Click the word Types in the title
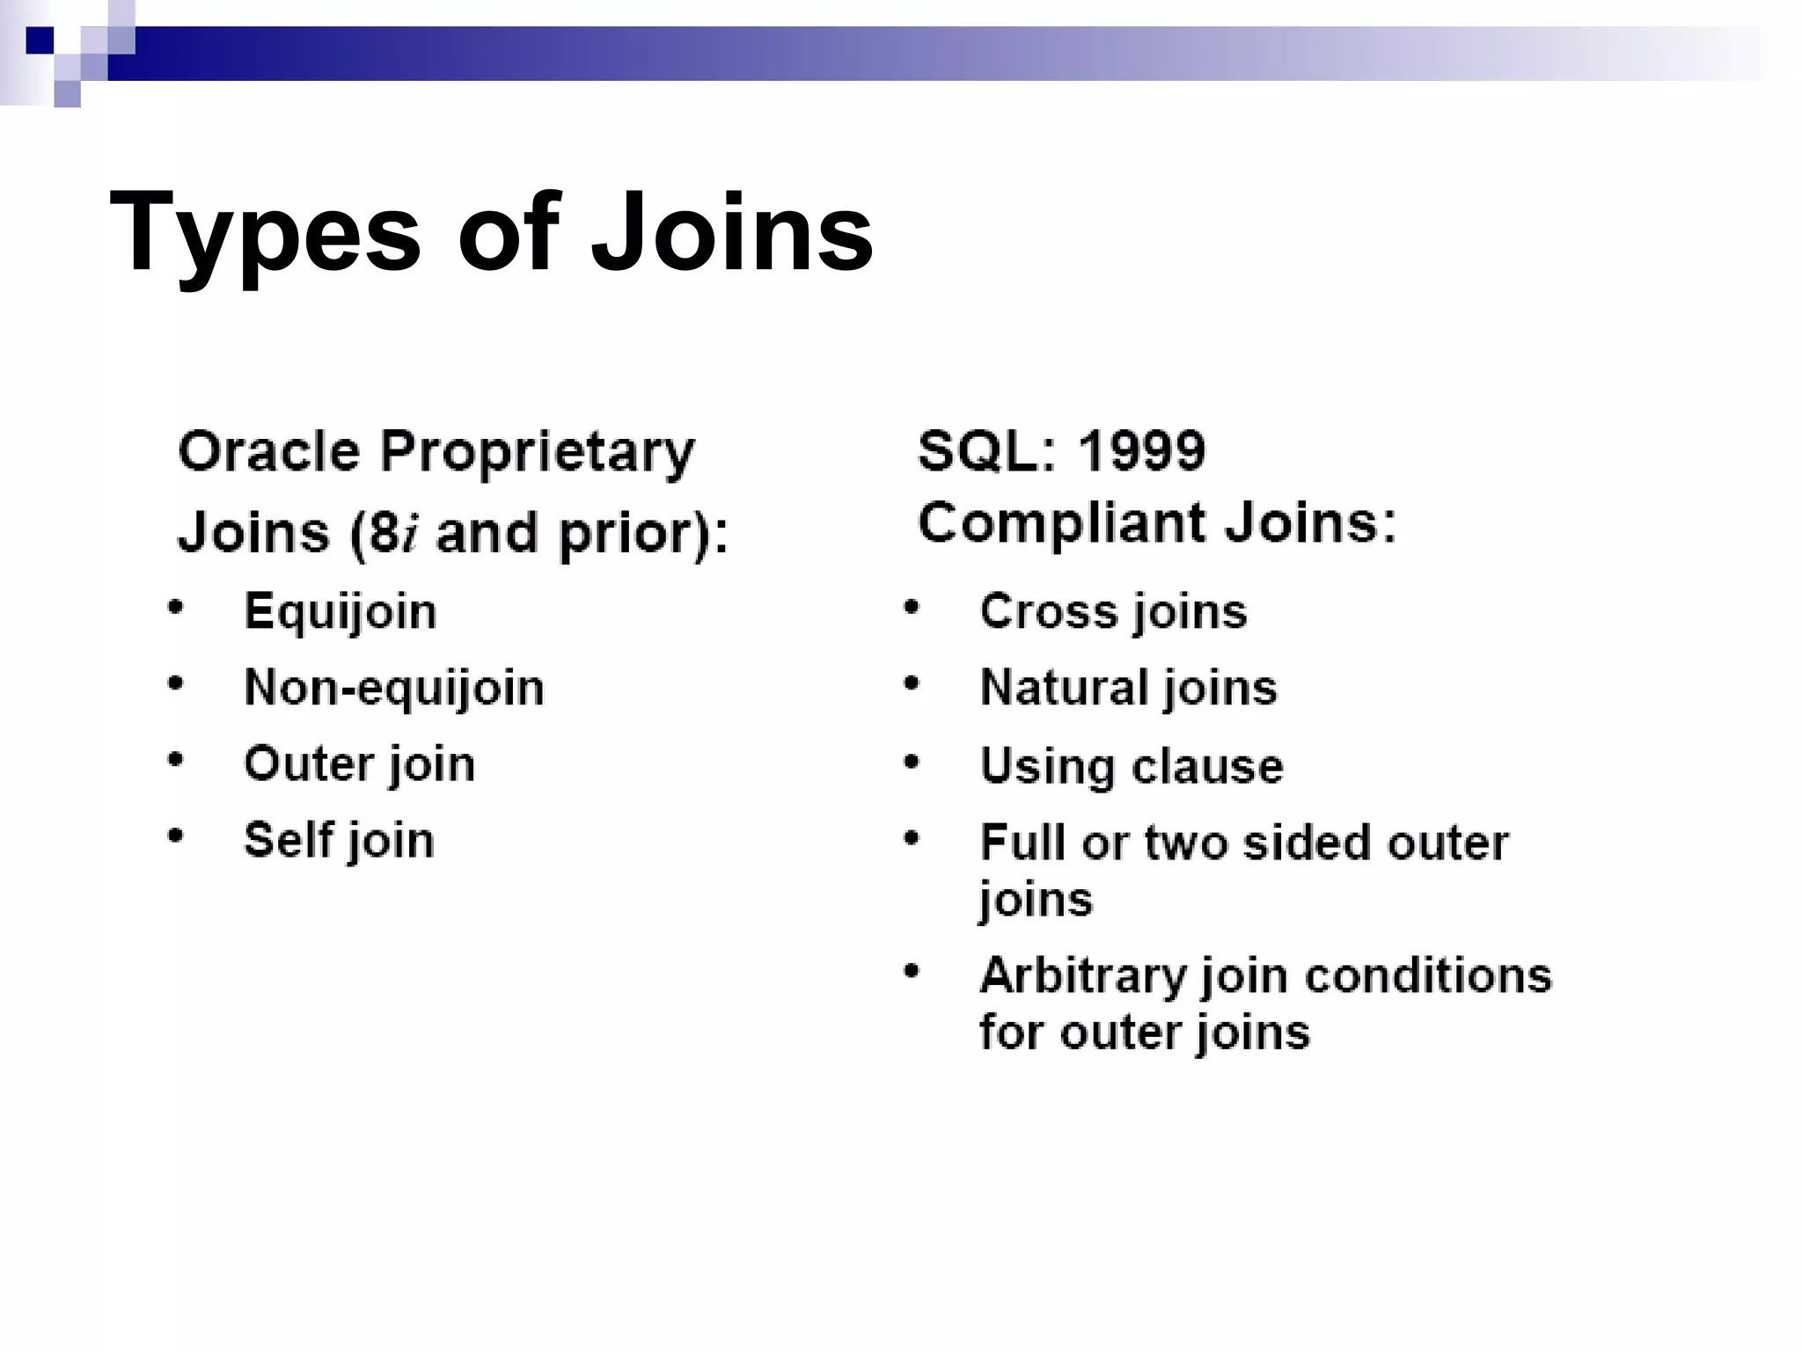click(265, 235)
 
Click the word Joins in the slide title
click(732, 233)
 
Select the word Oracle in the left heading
click(269, 452)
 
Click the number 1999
click(1141, 451)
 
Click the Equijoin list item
click(340, 612)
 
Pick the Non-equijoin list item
click(393, 688)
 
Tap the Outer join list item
click(359, 763)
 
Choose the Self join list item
click(339, 840)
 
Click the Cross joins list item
click(1113, 611)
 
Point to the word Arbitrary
click(1083, 975)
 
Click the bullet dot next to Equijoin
click(176, 607)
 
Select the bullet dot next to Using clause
click(912, 762)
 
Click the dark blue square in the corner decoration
click(40, 40)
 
